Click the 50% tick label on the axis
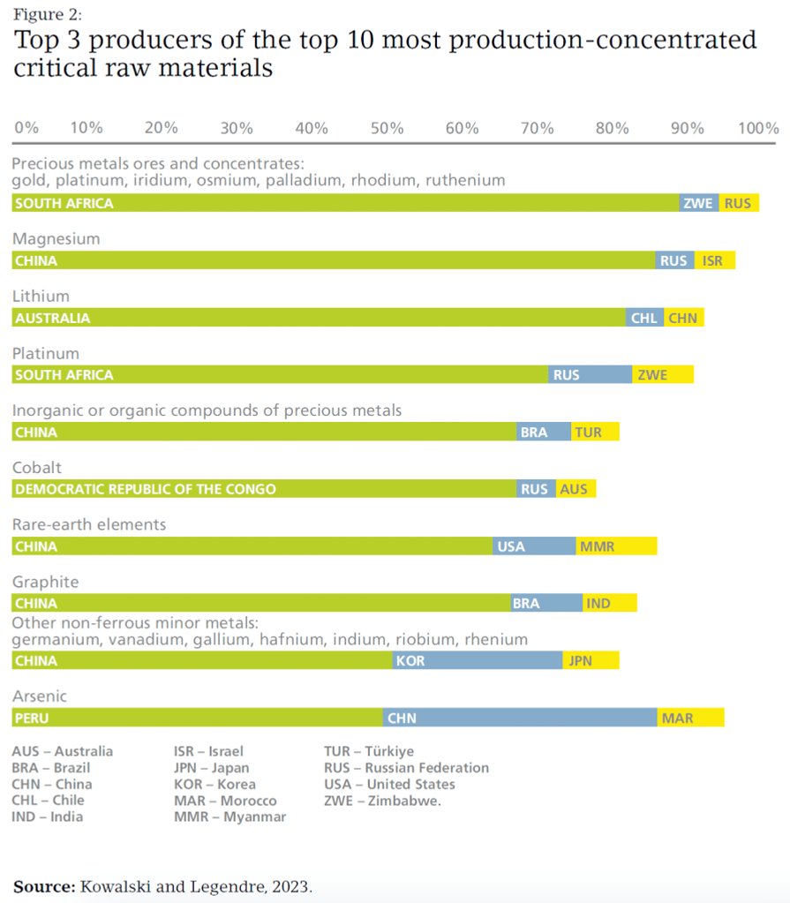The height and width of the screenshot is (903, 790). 387,128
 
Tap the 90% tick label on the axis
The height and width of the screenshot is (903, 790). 687,128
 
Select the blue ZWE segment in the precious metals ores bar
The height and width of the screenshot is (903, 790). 699,203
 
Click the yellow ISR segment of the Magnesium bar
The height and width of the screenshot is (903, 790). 715,260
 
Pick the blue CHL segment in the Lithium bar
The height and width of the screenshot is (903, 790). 644,318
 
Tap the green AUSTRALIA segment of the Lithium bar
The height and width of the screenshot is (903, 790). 319,318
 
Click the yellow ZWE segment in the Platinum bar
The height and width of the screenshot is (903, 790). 663,375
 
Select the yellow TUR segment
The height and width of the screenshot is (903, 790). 595,433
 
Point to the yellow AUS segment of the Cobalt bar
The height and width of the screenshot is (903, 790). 576,489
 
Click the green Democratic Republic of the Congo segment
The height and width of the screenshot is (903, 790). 264,489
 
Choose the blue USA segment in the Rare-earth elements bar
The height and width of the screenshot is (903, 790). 534,546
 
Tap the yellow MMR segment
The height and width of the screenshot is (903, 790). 616,546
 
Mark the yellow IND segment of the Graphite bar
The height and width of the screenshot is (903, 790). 609,604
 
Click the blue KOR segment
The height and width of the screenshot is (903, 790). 478,660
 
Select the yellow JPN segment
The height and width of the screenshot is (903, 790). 591,660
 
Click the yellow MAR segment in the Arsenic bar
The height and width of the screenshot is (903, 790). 690,718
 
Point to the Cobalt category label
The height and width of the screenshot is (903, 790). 37,468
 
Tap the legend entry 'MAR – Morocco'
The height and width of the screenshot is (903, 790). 225,801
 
